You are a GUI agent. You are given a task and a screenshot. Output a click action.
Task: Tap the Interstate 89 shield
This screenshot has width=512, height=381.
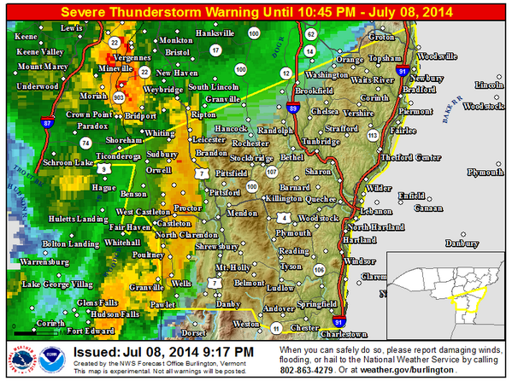294,108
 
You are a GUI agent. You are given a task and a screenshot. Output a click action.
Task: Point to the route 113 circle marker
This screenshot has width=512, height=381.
372,136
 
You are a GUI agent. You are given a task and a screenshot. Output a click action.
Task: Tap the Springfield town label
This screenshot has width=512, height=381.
317,303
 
